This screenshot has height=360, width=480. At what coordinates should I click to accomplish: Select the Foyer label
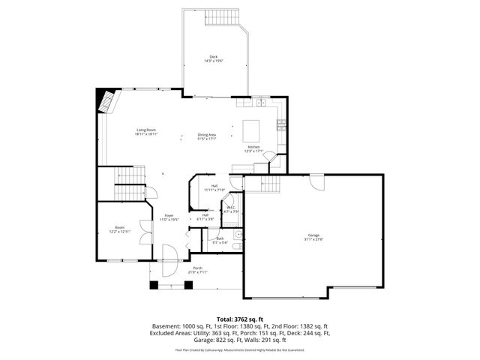[x=169, y=217]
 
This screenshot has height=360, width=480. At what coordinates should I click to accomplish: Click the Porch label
[x=197, y=270]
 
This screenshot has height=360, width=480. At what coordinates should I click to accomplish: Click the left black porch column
[x=154, y=285]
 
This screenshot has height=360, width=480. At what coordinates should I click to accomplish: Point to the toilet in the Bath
[x=236, y=246]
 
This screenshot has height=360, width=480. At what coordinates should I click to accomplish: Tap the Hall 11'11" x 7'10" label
[x=214, y=187]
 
